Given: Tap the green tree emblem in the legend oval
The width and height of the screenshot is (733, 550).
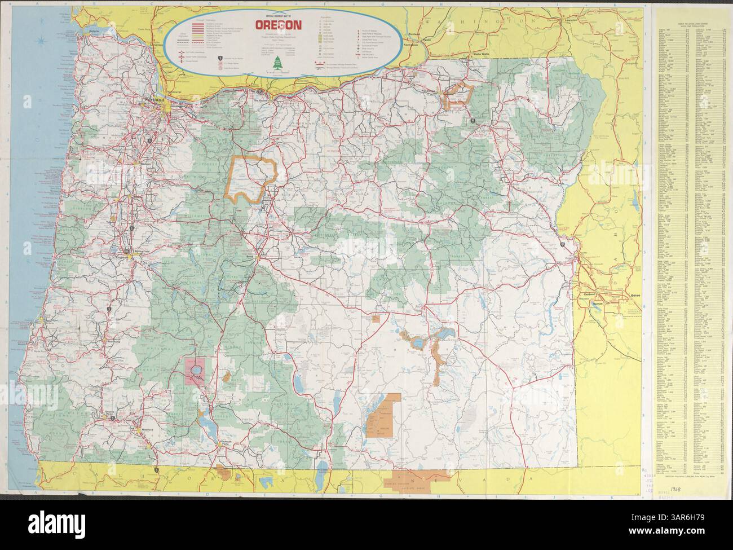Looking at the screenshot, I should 277,64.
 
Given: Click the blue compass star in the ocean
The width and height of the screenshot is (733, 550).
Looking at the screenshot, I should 38,41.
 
